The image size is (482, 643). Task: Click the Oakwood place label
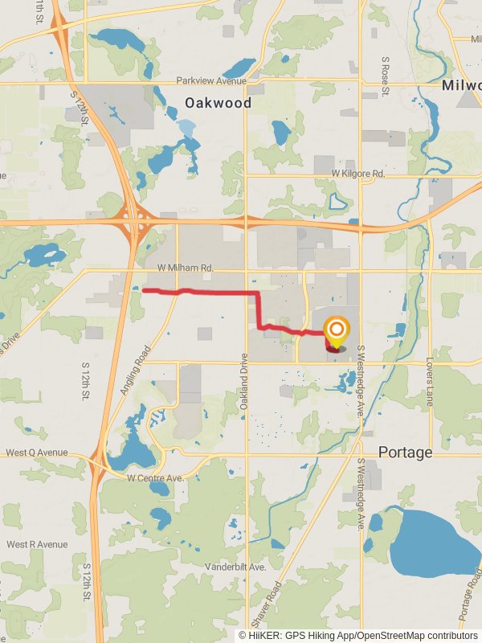[218, 103]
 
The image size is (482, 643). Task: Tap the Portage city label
[406, 453]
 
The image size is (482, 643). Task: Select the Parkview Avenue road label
[210, 80]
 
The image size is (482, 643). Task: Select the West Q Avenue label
[37, 453]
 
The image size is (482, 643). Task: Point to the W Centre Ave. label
[156, 477]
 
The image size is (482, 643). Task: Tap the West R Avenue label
[37, 544]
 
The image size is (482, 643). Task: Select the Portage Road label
[471, 595]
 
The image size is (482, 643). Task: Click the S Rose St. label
[386, 72]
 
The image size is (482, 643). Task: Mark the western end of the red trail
[144, 289]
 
